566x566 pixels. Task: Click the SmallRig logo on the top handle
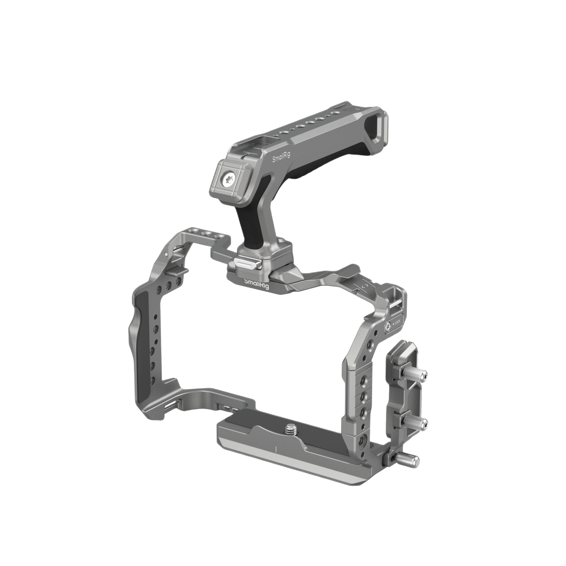click(281, 160)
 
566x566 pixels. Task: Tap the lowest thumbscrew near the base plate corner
click(412, 460)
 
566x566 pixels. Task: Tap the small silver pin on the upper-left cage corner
click(166, 253)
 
